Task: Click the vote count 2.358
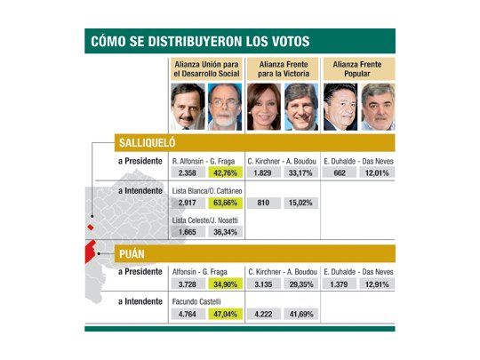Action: coord(188,172)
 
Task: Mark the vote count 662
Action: coord(339,172)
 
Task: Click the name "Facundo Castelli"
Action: coord(196,301)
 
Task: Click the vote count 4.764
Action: coord(188,313)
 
